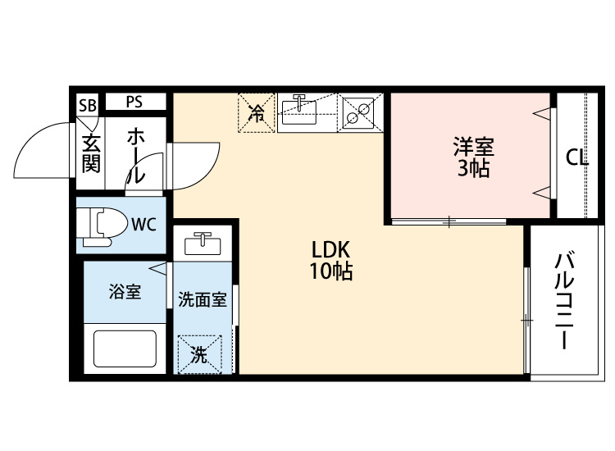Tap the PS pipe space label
click(x=134, y=102)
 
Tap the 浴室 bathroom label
click(x=125, y=292)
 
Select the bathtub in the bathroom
click(x=125, y=348)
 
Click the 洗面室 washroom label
click(x=203, y=298)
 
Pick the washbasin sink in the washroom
click(x=202, y=244)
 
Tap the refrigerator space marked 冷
click(x=256, y=113)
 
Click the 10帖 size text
click(x=330, y=272)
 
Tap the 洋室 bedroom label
click(x=474, y=149)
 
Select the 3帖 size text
click(x=474, y=170)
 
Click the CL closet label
click(x=576, y=159)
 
